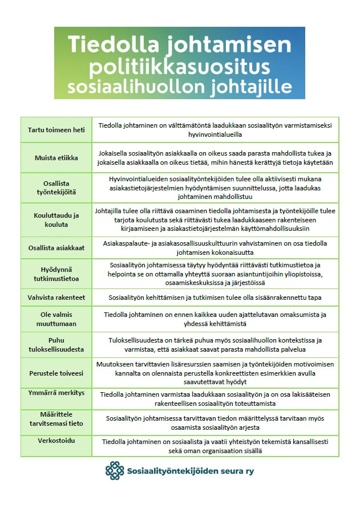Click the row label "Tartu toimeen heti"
pyautogui.click(x=56, y=130)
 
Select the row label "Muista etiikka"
pyautogui.click(x=56, y=157)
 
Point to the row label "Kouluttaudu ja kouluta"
pyautogui.click(x=56, y=219)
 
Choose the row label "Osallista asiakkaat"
pyautogui.click(x=56, y=248)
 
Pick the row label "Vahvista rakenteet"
pyautogui.click(x=56, y=297)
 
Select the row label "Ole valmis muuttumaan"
pyautogui.click(x=56, y=318)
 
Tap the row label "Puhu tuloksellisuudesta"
pyautogui.click(x=56, y=344)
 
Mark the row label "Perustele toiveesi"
pyautogui.click(x=56, y=373)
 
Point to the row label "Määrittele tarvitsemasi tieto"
pyautogui.click(x=56, y=418)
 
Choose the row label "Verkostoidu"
pyautogui.click(x=56, y=441)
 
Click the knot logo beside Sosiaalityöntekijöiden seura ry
pyautogui.click(x=114, y=471)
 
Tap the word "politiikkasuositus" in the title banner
pyautogui.click(x=180, y=67)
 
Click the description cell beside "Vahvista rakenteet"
pyautogui.click(x=215, y=297)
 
